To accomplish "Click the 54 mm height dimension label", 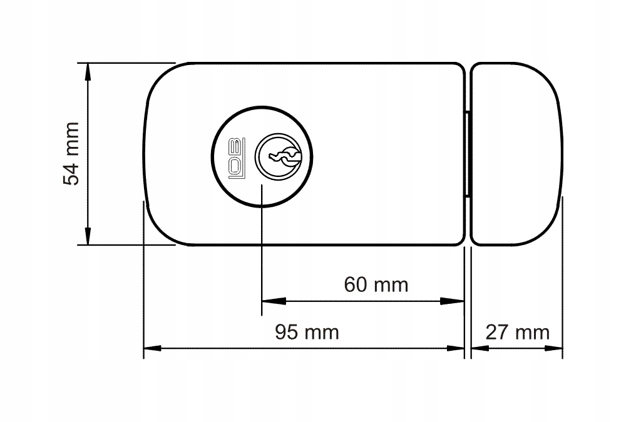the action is click(71, 154).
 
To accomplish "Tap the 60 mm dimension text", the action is click(376, 285).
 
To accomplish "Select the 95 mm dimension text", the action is click(307, 332).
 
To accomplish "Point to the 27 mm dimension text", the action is click(518, 332).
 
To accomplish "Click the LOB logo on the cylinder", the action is click(236, 158).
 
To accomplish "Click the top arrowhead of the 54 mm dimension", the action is click(88, 72).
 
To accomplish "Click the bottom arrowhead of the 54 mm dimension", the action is click(88, 236).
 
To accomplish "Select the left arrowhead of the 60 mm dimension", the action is click(274, 301).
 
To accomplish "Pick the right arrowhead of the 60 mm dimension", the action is click(453, 301).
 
